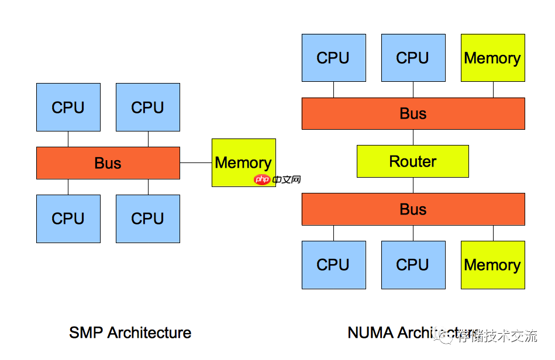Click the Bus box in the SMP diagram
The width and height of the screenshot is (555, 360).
point(108,163)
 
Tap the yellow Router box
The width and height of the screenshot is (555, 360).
point(413,161)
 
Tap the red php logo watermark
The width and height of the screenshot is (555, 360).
point(263,179)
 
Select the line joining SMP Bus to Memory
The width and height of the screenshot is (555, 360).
point(196,162)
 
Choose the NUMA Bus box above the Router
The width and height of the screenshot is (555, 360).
point(413,113)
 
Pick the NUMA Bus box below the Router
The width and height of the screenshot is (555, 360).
point(413,209)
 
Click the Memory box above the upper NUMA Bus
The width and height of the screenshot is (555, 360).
point(492,58)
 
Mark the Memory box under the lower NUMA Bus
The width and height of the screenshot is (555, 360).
point(492,265)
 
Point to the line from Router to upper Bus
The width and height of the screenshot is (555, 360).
point(413,137)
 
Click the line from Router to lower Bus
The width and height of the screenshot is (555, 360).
point(413,185)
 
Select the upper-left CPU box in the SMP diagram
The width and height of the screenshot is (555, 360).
point(68,107)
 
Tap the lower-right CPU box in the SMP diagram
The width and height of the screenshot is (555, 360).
point(148,219)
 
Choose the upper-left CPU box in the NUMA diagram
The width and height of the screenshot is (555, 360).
point(333,58)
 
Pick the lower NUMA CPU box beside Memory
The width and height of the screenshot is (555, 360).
point(413,265)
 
